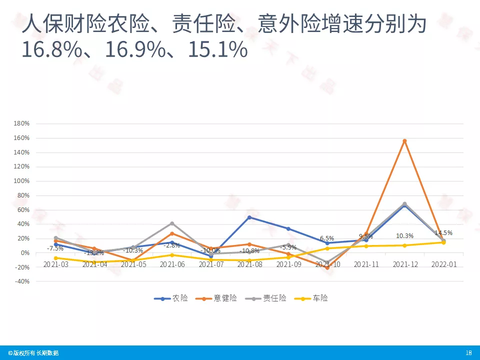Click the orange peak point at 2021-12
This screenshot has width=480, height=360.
[404, 141]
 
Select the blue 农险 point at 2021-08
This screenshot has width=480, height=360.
[249, 217]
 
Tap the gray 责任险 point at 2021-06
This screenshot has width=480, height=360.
[172, 223]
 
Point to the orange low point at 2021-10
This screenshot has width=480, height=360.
[327, 268]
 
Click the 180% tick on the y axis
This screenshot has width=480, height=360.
[22, 123]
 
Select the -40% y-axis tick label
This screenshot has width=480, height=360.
[22, 281]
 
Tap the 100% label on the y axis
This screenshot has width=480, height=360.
[22, 181]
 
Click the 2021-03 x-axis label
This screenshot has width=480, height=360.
[55, 264]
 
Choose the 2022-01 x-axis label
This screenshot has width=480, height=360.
[443, 264]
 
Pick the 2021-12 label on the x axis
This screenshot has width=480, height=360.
[404, 264]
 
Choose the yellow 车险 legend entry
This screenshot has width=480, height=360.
[313, 298]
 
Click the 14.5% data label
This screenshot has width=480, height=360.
[443, 233]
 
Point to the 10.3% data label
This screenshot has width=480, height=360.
[404, 236]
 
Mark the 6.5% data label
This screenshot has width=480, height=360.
[327, 238]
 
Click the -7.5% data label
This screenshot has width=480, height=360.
[55, 248]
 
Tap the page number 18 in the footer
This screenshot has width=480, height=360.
[468, 353]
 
